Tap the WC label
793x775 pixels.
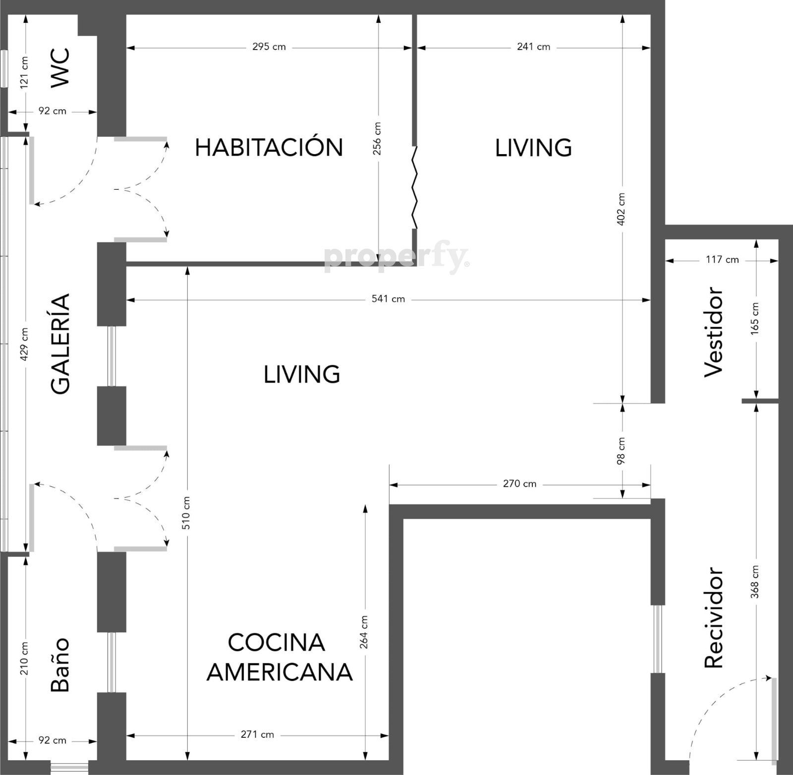[61, 68]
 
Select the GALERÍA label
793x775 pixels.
[61, 344]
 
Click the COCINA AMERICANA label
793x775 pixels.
[280, 657]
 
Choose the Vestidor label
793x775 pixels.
[714, 332]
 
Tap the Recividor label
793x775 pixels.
[714, 617]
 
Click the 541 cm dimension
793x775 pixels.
[389, 299]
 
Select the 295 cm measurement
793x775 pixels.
[269, 47]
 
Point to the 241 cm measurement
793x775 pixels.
[533, 47]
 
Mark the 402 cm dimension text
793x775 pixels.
[622, 209]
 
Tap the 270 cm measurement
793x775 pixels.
[519, 484]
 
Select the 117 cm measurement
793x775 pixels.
[722, 260]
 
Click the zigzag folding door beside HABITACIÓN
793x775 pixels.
[414, 187]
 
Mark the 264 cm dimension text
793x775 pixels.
[364, 632]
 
